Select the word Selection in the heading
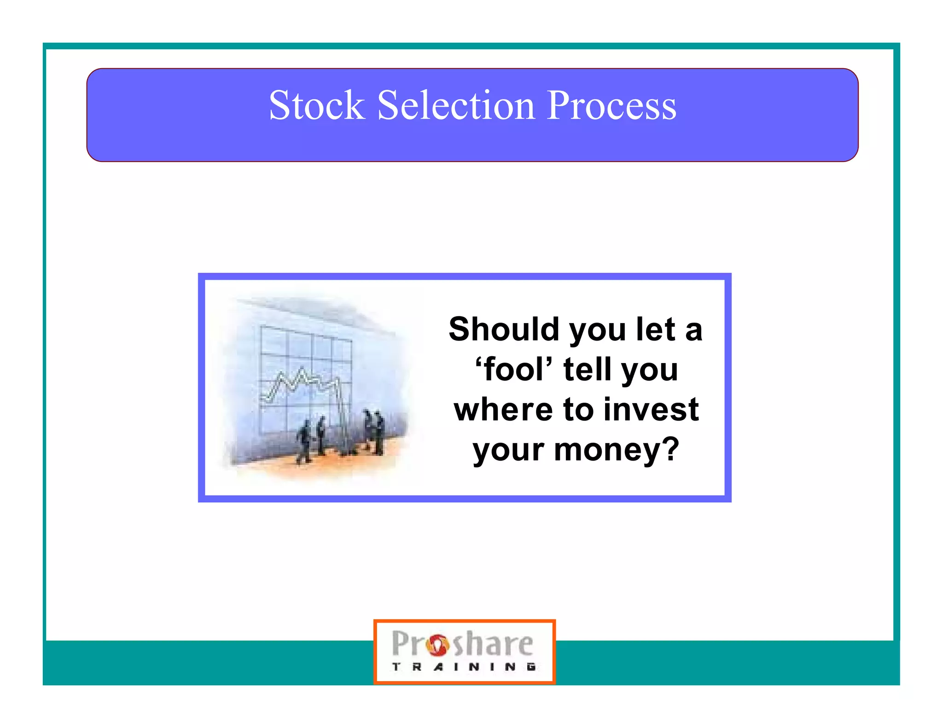[456, 105]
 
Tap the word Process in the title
[612, 106]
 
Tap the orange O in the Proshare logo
[438, 645]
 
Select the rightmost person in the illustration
[378, 433]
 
